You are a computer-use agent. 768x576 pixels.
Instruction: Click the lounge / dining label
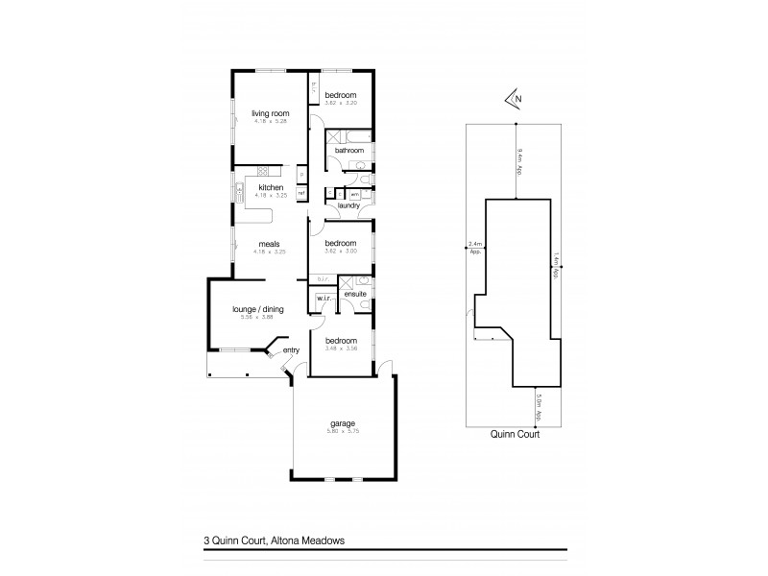(x=256, y=310)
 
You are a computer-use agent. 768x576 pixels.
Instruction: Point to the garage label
(x=343, y=423)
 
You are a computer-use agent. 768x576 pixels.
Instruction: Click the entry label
(x=292, y=350)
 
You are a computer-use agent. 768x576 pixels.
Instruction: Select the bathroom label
(x=348, y=150)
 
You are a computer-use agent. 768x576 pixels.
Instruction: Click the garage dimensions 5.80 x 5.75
(x=343, y=432)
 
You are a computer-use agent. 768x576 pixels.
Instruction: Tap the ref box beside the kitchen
(x=300, y=193)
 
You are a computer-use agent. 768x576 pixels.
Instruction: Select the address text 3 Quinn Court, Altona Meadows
(x=269, y=541)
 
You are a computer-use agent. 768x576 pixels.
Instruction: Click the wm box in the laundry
(x=354, y=194)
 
